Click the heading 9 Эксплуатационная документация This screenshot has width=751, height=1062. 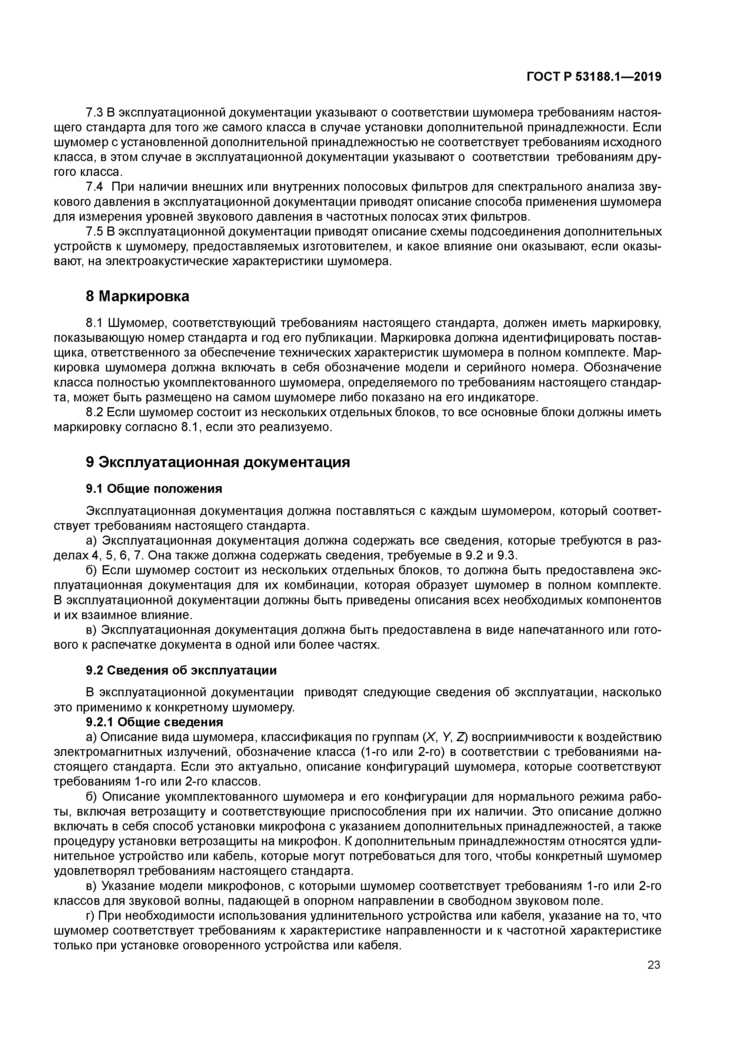coord(217,463)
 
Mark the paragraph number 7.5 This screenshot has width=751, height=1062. coord(94,232)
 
